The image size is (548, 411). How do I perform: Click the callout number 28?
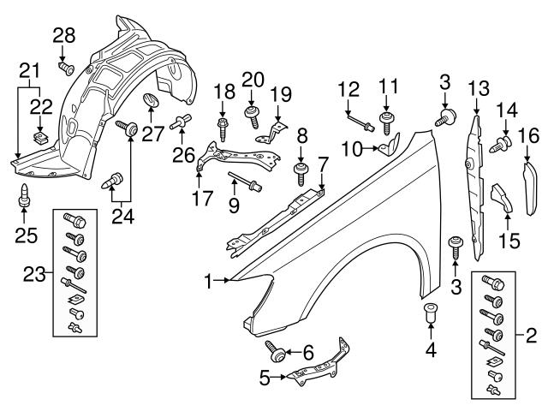pyautogui.click(x=64, y=35)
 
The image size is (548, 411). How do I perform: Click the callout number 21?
pyautogui.click(x=30, y=69)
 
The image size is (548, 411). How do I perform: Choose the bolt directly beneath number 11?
pyautogui.click(x=387, y=127)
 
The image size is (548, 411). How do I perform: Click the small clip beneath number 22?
pyautogui.click(x=39, y=136)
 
